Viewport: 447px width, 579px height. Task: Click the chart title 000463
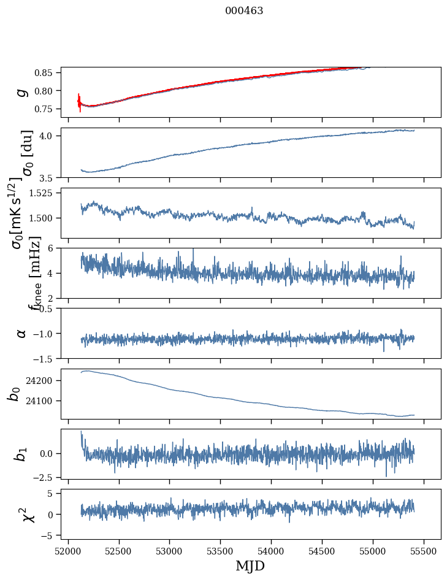(244, 11)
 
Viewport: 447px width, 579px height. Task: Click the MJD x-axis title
(250, 566)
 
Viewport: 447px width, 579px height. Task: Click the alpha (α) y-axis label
(21, 333)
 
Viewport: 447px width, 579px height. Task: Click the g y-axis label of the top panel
(22, 92)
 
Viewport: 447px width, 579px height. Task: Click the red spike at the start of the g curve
(80, 102)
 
